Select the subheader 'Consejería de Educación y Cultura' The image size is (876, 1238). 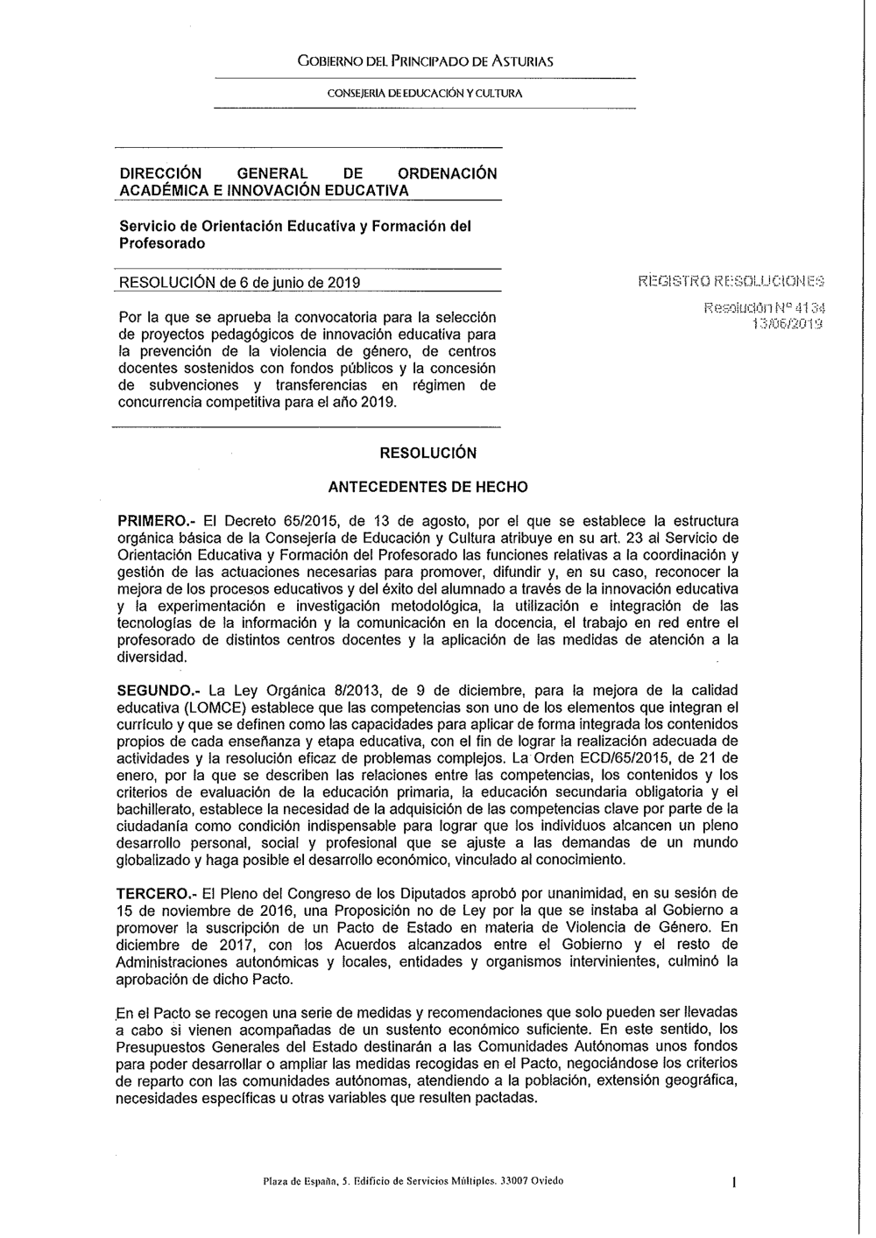425,92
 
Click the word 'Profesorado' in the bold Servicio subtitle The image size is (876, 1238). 162,243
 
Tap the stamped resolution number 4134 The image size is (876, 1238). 810,308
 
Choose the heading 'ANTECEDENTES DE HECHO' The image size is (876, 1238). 427,487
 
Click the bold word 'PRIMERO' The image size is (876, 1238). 152,521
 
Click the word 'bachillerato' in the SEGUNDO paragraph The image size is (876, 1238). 156,808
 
